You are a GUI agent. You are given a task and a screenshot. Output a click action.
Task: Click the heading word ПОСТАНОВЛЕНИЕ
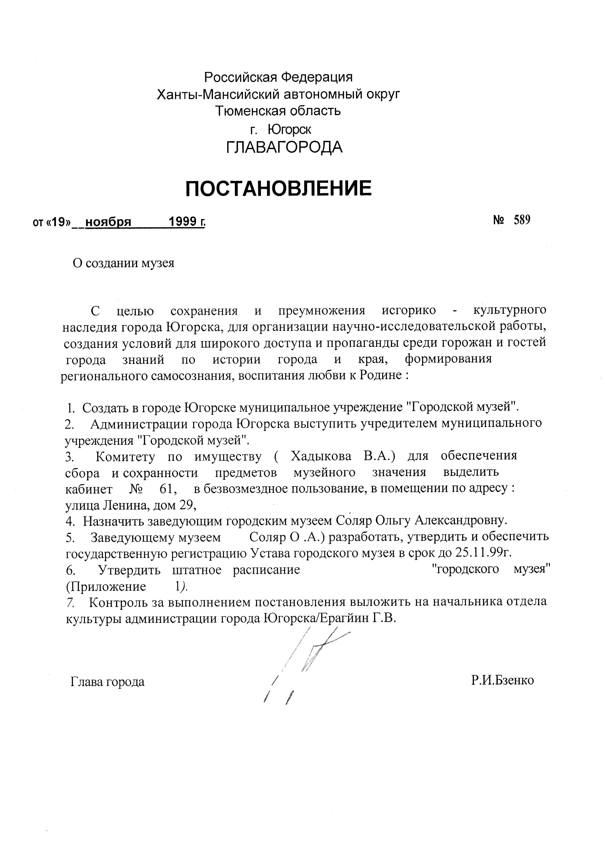pyautogui.click(x=279, y=189)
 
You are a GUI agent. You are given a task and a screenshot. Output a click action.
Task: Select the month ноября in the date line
pyautogui.click(x=108, y=223)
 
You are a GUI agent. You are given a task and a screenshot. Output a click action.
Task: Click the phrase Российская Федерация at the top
pyautogui.click(x=279, y=77)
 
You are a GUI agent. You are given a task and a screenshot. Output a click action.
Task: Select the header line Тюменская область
pyautogui.click(x=279, y=111)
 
